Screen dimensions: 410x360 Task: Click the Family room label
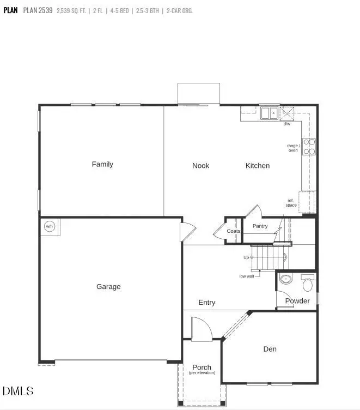(x=102, y=164)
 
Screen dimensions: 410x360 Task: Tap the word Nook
(x=200, y=166)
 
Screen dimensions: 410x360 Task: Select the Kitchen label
(x=258, y=166)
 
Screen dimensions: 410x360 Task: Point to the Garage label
(x=108, y=287)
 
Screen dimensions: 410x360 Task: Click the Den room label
(x=270, y=349)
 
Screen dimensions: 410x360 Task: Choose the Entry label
(x=207, y=303)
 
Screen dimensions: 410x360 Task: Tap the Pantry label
(x=260, y=226)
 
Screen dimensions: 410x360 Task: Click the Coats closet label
(x=234, y=231)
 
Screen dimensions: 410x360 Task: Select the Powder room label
(x=297, y=301)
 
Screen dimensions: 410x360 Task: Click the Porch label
(x=202, y=367)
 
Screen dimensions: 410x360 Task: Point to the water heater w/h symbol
(x=50, y=226)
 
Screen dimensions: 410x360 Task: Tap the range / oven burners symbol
(x=309, y=147)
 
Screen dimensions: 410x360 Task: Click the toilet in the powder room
(x=308, y=284)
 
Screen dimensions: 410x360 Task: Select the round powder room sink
(x=286, y=280)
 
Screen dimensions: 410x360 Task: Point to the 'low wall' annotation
(x=247, y=276)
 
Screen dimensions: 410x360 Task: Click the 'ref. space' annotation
(x=291, y=203)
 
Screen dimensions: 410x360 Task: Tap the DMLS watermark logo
(x=18, y=391)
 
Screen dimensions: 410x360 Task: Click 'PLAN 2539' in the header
(x=38, y=10)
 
